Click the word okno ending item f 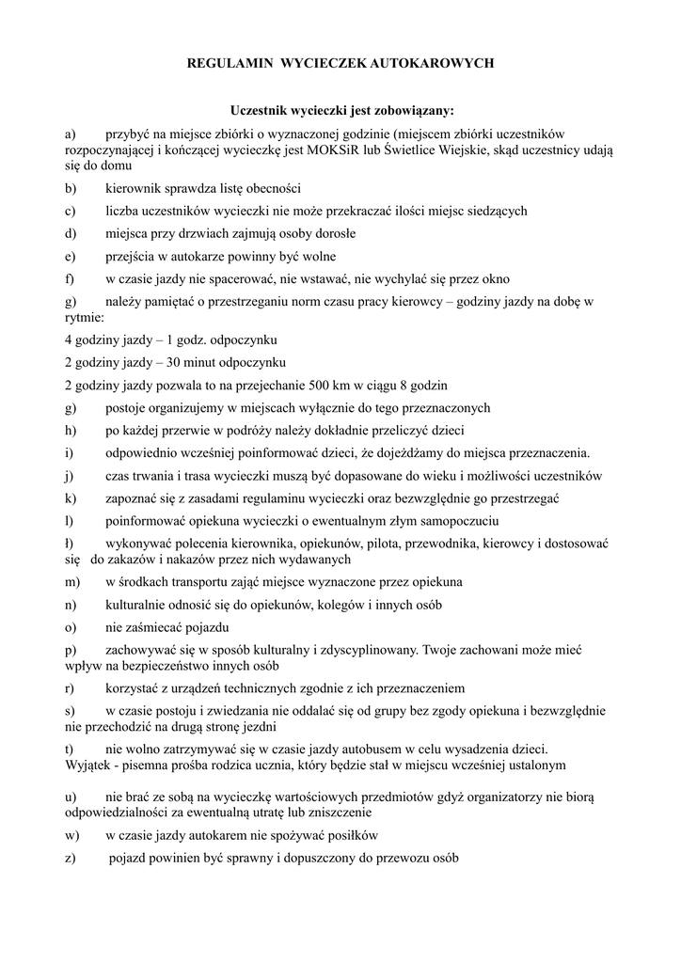click(495, 279)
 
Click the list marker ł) click(70, 544)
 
